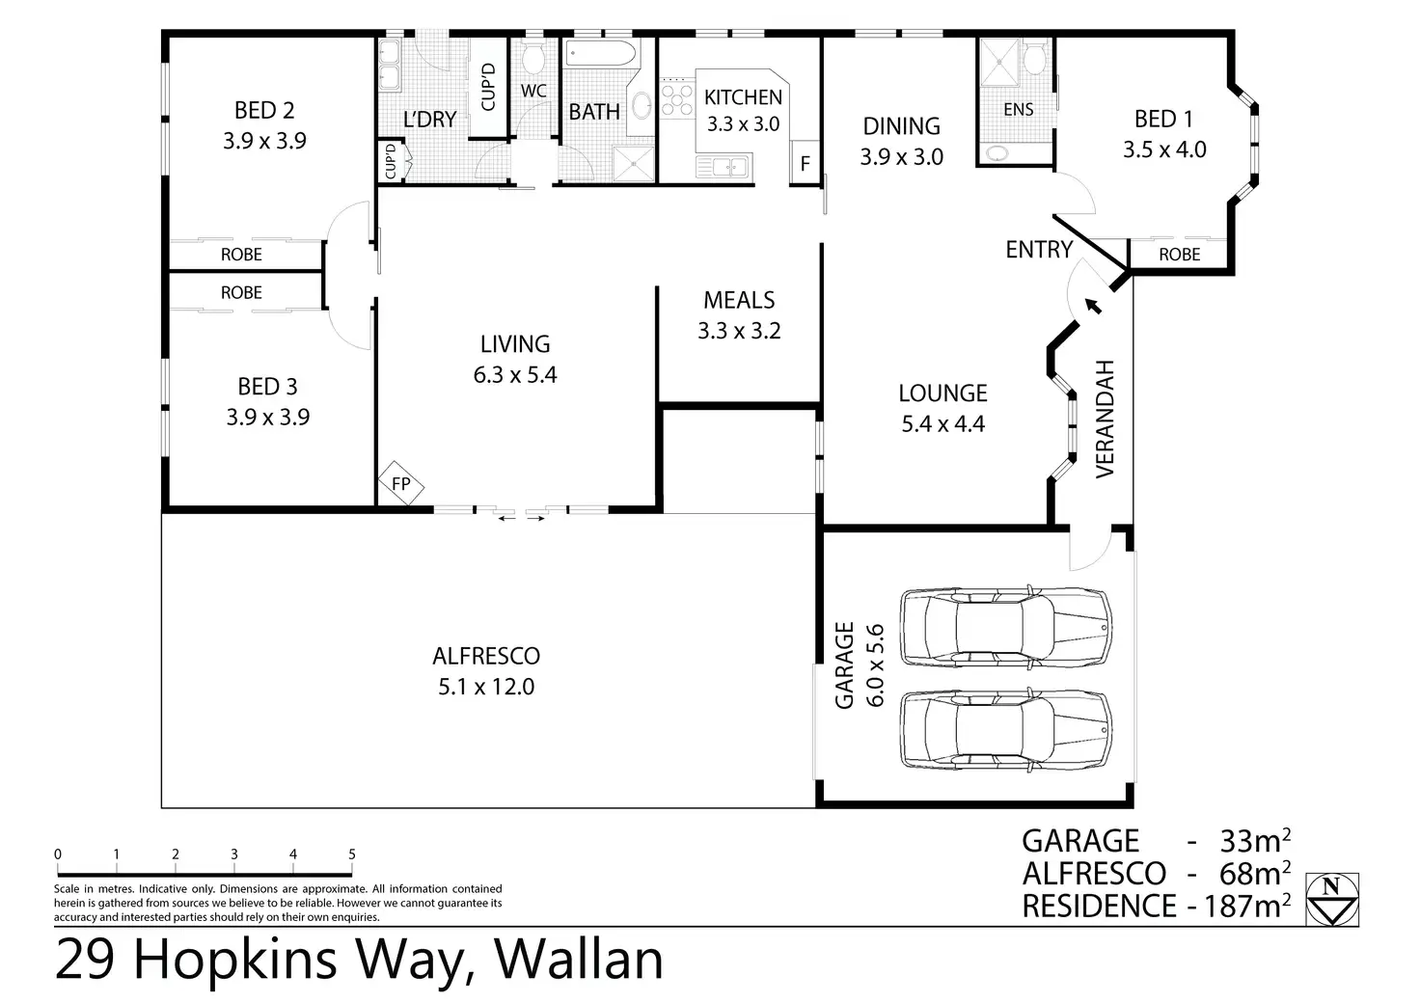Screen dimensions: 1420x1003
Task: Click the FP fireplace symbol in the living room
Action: (x=401, y=483)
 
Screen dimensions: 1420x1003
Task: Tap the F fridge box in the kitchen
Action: (x=805, y=163)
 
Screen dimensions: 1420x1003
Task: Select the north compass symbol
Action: (x=1332, y=899)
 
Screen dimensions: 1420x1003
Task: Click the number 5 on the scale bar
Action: (x=352, y=854)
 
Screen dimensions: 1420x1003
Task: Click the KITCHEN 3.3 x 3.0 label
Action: (x=743, y=110)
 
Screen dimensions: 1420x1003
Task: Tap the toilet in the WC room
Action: (x=533, y=58)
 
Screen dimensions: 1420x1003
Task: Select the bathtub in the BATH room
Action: (x=600, y=53)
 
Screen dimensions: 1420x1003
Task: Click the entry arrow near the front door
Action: (x=1093, y=306)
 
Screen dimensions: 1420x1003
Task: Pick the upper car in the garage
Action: (x=1006, y=627)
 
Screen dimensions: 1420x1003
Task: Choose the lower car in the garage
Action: (x=1006, y=730)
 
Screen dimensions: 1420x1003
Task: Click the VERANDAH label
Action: (x=1105, y=419)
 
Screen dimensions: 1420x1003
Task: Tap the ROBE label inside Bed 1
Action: (x=1179, y=255)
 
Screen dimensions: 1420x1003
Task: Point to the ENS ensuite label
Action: (x=1018, y=110)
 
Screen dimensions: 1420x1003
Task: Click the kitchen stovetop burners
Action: (x=677, y=98)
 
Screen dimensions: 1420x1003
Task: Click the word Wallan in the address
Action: (x=578, y=960)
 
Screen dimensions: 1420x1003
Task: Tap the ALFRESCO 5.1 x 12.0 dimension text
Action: (x=486, y=687)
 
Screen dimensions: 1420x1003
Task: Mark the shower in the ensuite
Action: (x=999, y=62)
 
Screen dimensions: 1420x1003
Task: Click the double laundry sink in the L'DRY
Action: (x=389, y=66)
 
